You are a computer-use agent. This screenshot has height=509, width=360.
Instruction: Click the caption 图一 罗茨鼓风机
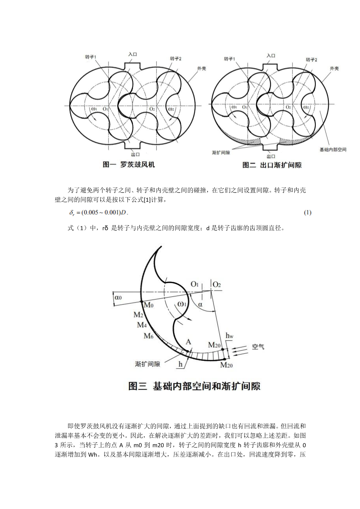(129, 164)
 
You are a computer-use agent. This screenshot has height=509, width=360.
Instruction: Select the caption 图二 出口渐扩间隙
(272, 165)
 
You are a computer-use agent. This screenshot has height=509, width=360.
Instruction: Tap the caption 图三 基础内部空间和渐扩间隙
(194, 386)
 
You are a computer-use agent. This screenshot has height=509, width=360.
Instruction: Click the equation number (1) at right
(307, 213)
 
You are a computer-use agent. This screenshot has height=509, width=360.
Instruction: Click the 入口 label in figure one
(133, 55)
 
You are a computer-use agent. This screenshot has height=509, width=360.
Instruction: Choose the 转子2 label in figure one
(176, 58)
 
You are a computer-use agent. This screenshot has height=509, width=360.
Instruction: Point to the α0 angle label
(119, 297)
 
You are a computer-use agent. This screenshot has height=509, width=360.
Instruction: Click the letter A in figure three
(189, 342)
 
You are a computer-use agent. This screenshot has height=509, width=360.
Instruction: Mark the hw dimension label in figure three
(230, 335)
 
